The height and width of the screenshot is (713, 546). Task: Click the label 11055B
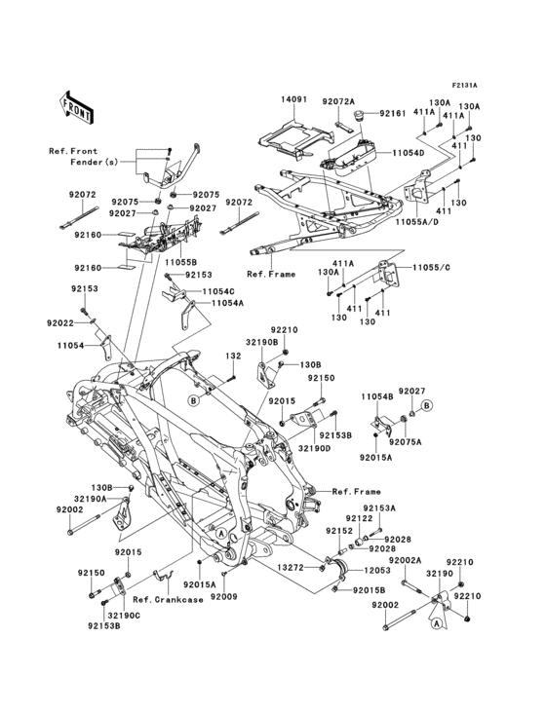(x=180, y=262)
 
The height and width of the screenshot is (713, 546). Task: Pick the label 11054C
(x=219, y=291)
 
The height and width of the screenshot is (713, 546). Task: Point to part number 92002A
(x=406, y=561)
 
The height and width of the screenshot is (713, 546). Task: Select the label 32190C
(x=125, y=616)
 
